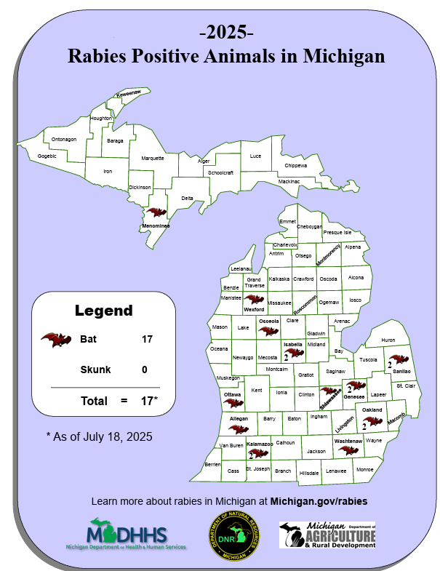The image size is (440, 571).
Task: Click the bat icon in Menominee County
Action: click(x=156, y=214)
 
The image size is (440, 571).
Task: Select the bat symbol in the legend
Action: click(x=56, y=340)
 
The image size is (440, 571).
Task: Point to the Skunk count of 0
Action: click(x=145, y=370)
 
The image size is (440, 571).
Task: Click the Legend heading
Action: click(x=104, y=311)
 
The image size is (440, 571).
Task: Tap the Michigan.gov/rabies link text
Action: click(x=319, y=501)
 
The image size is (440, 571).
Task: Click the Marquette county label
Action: click(x=153, y=158)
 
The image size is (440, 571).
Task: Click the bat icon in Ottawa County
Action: click(x=233, y=404)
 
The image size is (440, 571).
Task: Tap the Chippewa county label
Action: click(x=296, y=165)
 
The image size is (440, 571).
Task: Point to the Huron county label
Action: click(x=388, y=340)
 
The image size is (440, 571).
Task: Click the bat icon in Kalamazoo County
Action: click(x=258, y=453)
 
